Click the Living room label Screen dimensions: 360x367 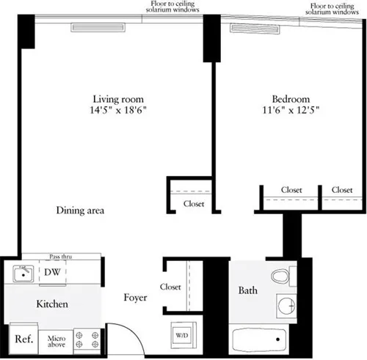[x=117, y=99]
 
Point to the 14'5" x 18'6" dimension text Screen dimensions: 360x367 [x=117, y=111]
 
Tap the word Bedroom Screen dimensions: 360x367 [x=291, y=99]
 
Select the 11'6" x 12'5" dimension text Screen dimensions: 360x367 [x=291, y=111]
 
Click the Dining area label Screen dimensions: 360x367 [x=80, y=211]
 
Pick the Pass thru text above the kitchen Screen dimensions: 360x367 [x=60, y=257]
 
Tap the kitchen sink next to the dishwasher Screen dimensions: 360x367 [x=23, y=274]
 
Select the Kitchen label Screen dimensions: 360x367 [x=53, y=304]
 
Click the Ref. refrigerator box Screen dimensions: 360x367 [x=23, y=339]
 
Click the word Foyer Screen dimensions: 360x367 [x=136, y=298]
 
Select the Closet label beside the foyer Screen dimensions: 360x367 [x=170, y=287]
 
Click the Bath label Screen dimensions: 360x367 [x=247, y=291]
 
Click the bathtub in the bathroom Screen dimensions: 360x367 [x=262, y=341]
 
